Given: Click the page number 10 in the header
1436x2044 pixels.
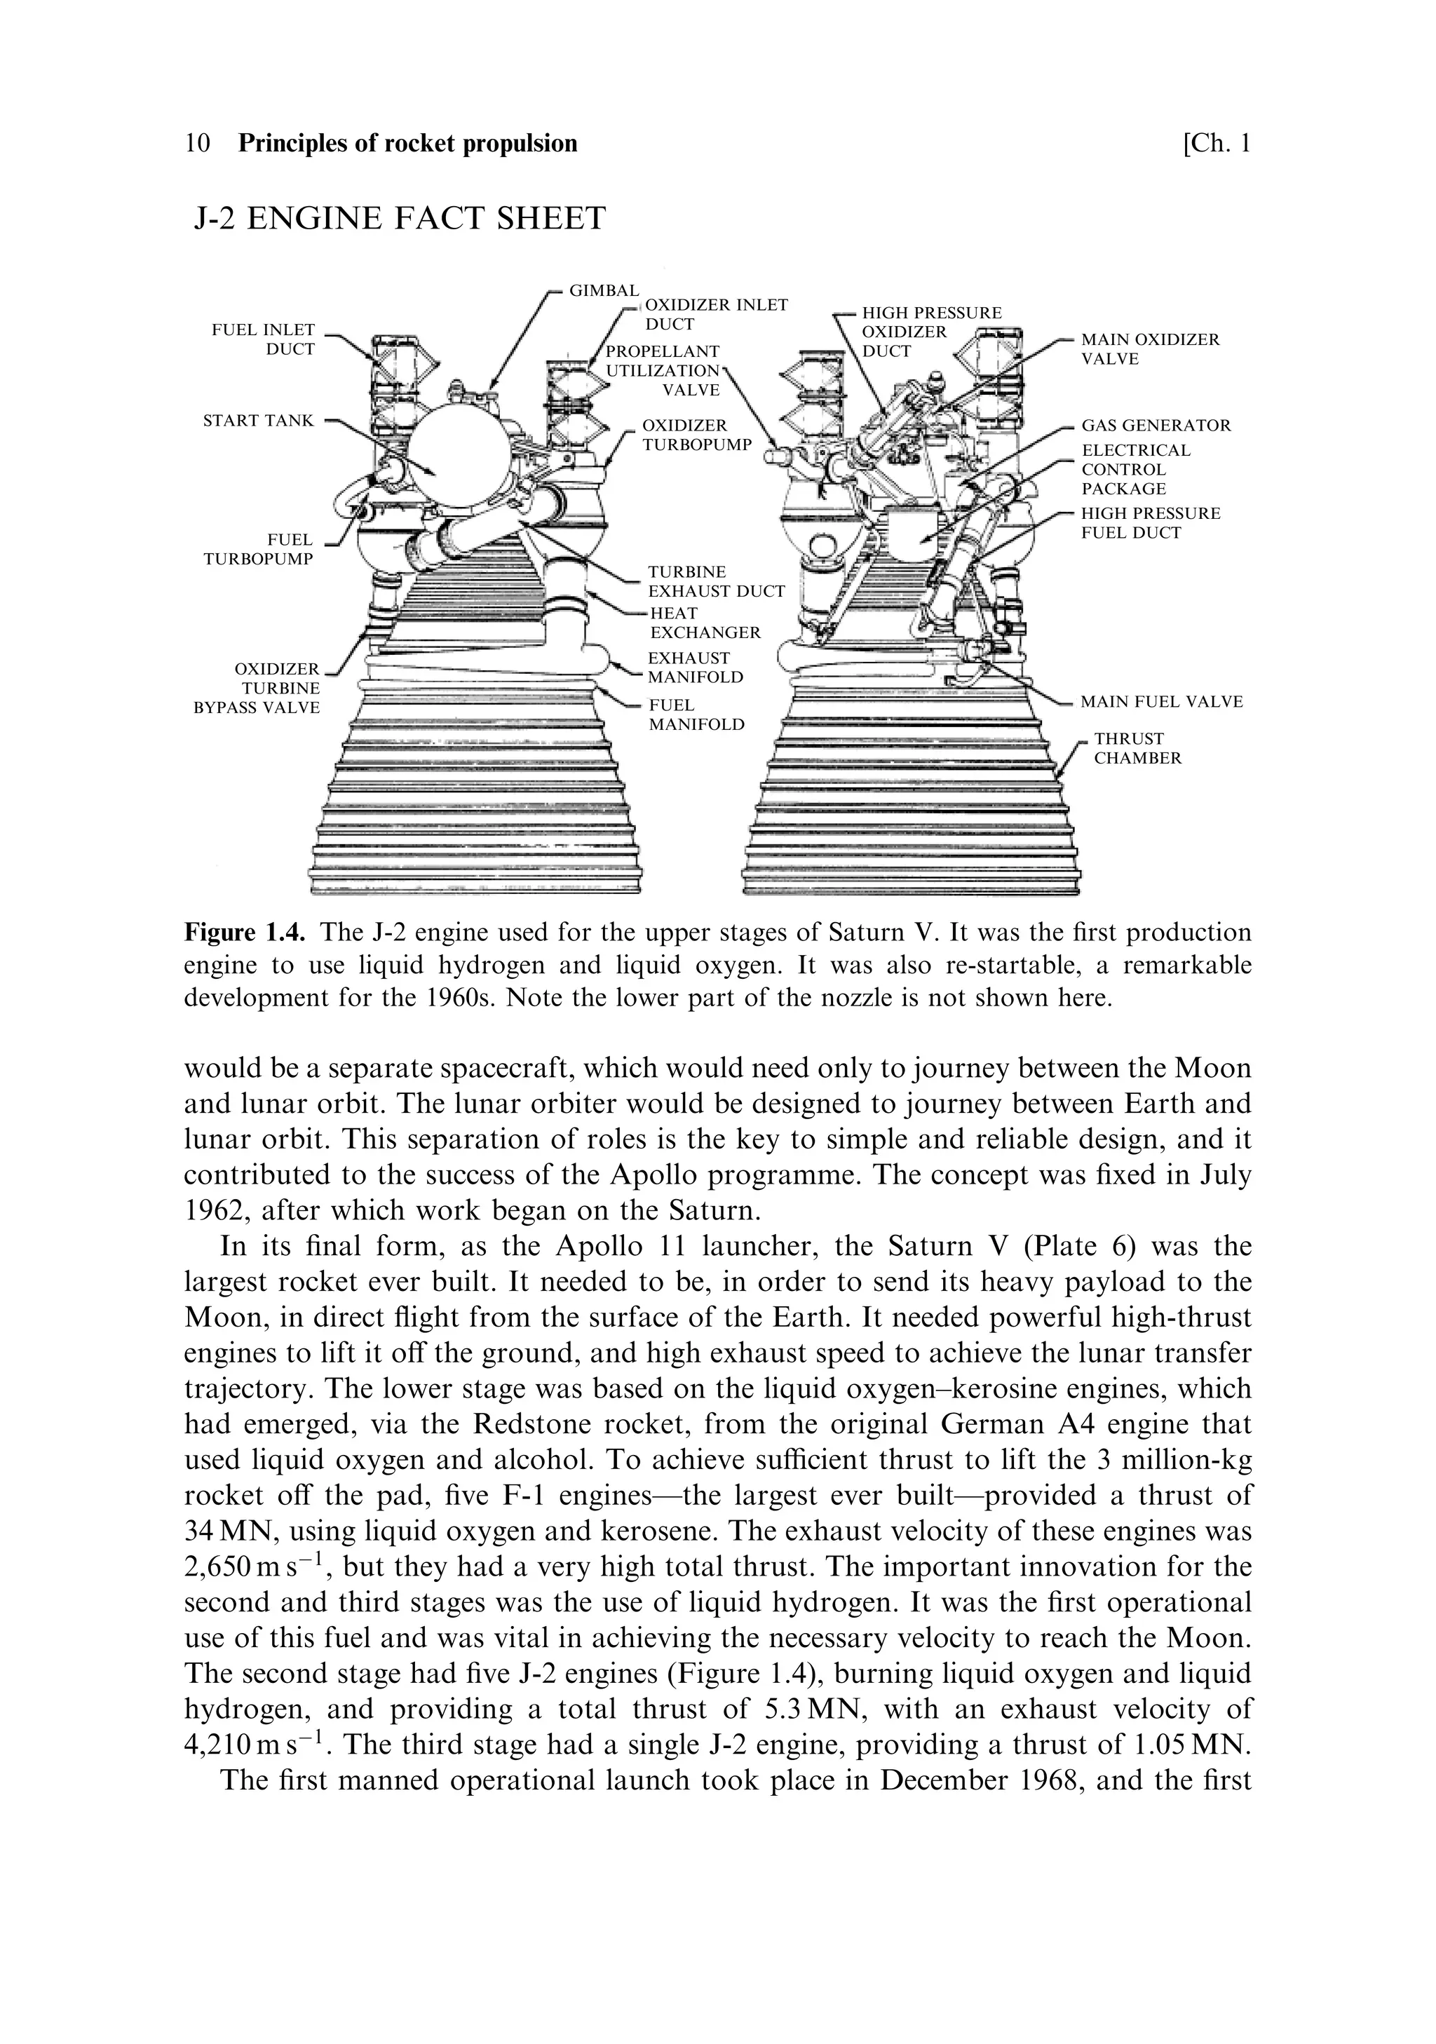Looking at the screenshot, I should [x=197, y=143].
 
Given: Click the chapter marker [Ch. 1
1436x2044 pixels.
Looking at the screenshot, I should [x=1215, y=143].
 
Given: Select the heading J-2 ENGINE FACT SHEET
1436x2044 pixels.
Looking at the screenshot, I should [x=400, y=218].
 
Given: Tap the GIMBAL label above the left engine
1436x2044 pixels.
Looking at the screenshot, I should [x=604, y=290].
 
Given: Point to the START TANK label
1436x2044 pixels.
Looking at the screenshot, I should [x=258, y=420].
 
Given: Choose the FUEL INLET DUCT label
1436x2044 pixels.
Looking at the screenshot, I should [x=264, y=339].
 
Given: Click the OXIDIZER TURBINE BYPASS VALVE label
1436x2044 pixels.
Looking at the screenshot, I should [x=257, y=688].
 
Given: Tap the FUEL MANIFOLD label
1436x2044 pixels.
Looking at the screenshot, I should [x=696, y=714].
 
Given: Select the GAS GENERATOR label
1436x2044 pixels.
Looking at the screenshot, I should [x=1156, y=426].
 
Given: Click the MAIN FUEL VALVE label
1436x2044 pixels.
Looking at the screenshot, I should [x=1161, y=701].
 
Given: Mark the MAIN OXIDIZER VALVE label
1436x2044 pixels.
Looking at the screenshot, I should [x=1149, y=349].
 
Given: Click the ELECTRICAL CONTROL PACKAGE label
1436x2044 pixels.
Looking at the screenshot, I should [x=1135, y=469].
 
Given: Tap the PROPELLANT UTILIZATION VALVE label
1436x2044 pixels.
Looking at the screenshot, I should [x=663, y=370].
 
